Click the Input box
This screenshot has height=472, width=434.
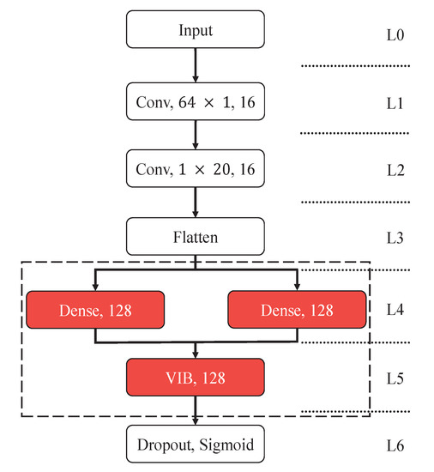point(196,31)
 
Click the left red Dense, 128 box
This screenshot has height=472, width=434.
point(95,308)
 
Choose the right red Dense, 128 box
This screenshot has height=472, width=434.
point(296,308)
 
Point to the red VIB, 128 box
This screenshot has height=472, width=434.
point(196,377)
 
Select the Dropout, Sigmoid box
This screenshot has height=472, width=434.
point(196,445)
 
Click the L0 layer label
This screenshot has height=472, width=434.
point(395,37)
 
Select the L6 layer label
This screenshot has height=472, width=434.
point(395,445)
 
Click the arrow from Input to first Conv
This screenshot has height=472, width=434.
point(196,65)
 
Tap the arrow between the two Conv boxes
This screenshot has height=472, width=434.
point(196,134)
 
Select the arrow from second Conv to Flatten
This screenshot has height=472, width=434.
point(196,202)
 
